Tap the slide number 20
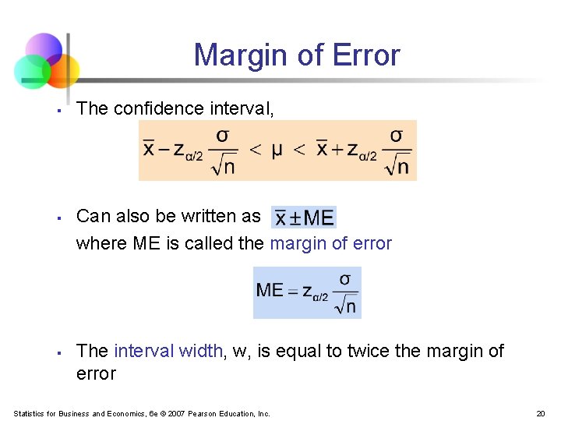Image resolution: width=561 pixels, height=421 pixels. coord(540,413)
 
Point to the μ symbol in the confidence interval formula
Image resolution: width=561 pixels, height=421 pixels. coord(277,149)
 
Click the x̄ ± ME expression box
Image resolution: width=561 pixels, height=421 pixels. coord(304,218)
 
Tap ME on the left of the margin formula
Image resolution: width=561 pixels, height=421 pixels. coord(270,291)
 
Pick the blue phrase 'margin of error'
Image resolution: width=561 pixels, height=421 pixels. coord(330,243)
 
